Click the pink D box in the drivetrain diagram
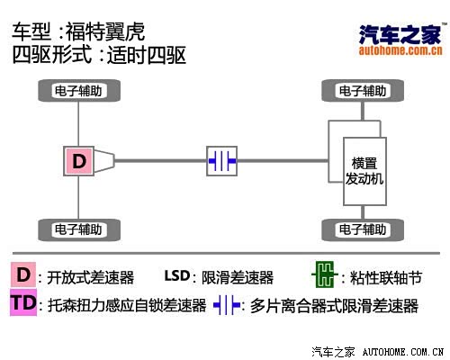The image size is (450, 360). (78, 161)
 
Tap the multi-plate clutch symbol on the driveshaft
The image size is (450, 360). (221, 161)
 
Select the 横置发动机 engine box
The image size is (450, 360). (364, 172)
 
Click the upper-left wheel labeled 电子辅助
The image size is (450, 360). (79, 91)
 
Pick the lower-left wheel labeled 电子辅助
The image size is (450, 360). (79, 229)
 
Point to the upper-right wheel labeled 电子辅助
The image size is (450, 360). (363, 91)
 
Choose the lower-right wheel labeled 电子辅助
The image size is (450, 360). (363, 229)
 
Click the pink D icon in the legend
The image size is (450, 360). (23, 274)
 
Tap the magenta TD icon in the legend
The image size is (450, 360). (23, 302)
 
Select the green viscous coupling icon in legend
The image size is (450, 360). (325, 274)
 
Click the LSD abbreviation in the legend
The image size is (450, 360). (177, 275)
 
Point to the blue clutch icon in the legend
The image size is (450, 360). (227, 305)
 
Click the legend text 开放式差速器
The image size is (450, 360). (90, 277)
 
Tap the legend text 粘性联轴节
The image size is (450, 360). (386, 277)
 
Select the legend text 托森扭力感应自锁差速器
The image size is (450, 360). (127, 305)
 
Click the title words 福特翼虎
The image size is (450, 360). (105, 31)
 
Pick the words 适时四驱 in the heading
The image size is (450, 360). (147, 55)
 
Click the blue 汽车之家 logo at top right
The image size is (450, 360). (400, 34)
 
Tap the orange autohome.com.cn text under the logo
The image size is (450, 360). (400, 50)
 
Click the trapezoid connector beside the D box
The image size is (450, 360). (104, 161)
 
